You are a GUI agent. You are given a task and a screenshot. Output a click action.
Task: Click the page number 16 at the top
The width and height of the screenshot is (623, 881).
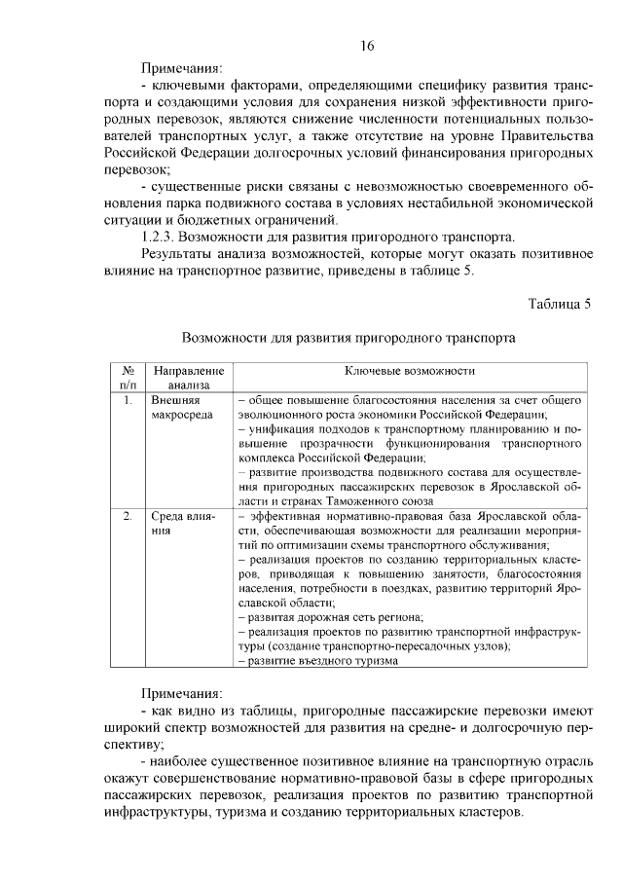367,46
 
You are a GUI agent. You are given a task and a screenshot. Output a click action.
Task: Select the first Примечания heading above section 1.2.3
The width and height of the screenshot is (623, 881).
181,69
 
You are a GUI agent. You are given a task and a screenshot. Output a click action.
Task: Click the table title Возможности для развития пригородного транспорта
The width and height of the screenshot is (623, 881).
348,338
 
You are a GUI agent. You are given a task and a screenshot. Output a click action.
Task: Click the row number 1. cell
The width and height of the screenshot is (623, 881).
127,400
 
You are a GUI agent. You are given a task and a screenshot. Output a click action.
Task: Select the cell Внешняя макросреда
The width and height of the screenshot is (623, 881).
179,408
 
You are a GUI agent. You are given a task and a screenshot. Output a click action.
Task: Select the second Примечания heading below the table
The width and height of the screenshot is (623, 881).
181,693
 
